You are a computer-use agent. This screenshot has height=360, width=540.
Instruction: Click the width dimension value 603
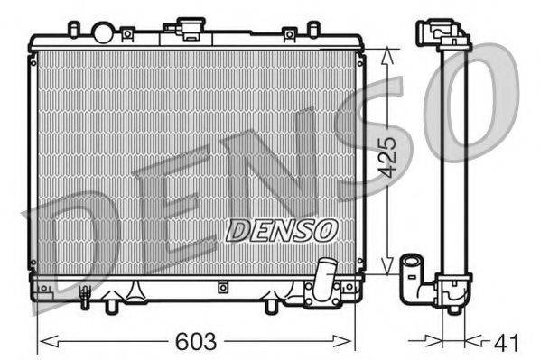coord(196,342)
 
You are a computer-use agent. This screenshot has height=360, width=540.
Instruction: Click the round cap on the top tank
coord(103,33)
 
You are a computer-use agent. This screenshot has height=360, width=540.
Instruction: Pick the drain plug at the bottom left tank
coord(86,293)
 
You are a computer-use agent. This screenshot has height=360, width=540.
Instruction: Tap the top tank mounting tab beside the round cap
coord(128,34)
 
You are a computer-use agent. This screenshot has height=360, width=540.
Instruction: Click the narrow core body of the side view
coord(452,162)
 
